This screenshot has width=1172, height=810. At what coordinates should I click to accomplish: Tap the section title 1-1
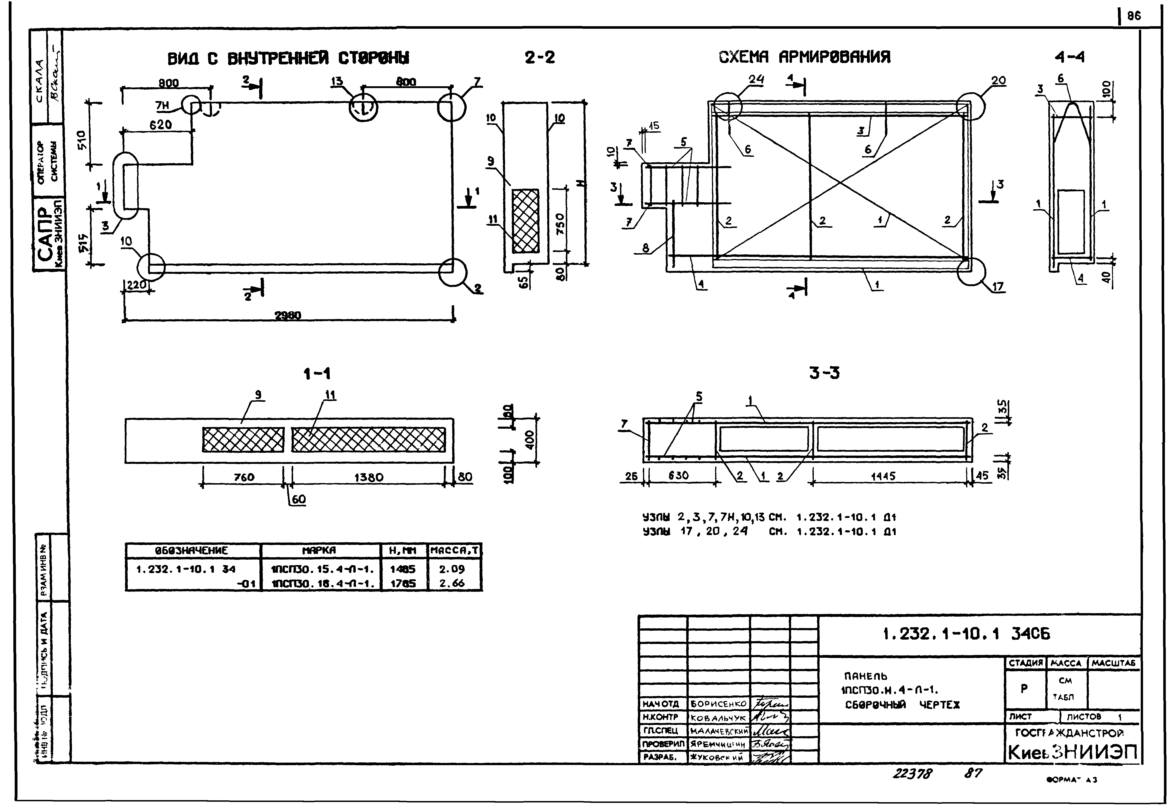[x=317, y=374]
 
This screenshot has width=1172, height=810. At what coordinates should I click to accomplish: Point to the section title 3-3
[x=824, y=373]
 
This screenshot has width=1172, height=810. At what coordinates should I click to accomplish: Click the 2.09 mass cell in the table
[x=452, y=569]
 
